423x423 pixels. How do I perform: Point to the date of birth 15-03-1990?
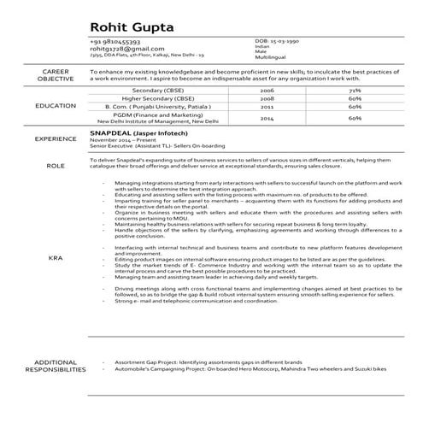285,41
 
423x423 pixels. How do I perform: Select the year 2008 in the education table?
267,98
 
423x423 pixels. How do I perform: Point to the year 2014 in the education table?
267,119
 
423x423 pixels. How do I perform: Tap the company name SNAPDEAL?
113,134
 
